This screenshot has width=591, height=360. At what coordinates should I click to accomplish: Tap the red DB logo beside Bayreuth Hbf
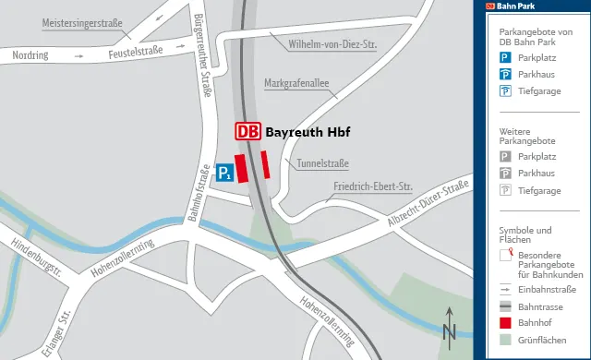tap(247, 132)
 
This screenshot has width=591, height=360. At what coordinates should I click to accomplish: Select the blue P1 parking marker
tap(223, 172)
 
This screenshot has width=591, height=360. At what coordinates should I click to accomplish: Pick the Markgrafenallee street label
tap(296, 83)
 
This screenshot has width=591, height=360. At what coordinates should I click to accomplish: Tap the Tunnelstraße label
tap(322, 163)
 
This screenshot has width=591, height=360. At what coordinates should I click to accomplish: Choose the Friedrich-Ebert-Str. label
tap(371, 187)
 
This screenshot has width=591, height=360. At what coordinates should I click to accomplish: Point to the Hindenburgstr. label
tap(36, 258)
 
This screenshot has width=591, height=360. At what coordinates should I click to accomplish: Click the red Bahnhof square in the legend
tap(505, 323)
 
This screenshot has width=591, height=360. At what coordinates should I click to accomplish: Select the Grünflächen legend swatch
tap(505, 341)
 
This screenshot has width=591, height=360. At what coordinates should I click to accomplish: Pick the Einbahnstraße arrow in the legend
tap(505, 289)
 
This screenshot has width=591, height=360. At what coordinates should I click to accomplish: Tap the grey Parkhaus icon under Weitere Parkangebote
tap(505, 174)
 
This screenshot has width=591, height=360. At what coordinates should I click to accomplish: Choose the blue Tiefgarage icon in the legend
tap(505, 90)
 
